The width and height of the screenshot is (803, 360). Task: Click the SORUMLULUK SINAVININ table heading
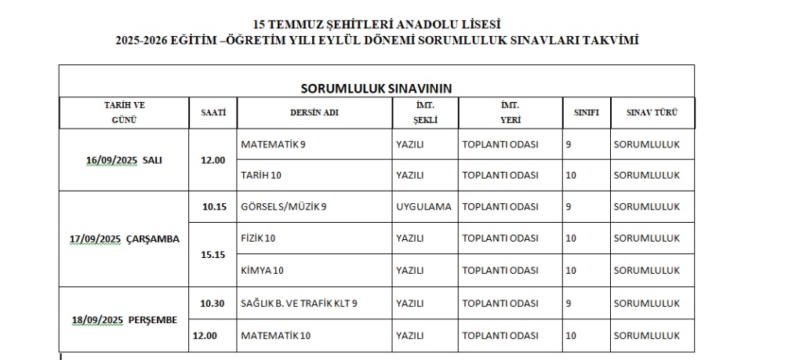376,87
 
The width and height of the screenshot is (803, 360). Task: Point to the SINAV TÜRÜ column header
652,112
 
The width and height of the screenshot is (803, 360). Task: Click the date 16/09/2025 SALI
124,160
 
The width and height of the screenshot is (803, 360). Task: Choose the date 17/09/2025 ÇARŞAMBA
124,239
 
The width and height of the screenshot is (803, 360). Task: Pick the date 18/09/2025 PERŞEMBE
124,319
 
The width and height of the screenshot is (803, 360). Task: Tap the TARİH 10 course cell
261,176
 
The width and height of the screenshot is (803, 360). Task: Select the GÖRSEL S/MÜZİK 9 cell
284,207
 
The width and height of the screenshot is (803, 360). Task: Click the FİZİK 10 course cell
258,238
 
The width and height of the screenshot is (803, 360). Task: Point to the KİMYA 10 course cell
261,271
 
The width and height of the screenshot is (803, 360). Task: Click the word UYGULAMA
424,207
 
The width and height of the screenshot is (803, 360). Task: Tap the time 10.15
213,207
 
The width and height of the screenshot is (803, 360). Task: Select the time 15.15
213,254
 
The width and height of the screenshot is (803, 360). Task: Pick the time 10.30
213,303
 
